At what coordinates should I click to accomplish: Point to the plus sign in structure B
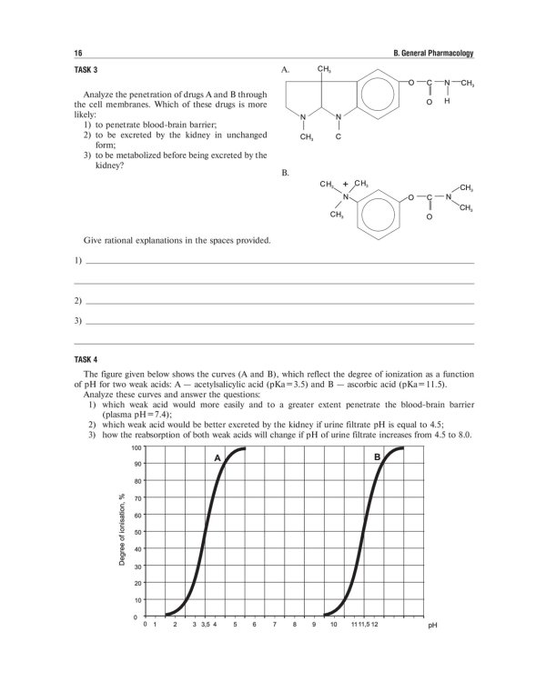346,183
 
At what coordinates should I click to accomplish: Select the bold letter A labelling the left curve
217,458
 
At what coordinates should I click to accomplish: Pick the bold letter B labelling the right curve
377,458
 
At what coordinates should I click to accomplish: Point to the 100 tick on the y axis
136,448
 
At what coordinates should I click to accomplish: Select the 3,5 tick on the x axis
205,626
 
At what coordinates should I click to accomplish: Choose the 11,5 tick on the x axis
362,626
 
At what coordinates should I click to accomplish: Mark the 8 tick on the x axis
294,626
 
